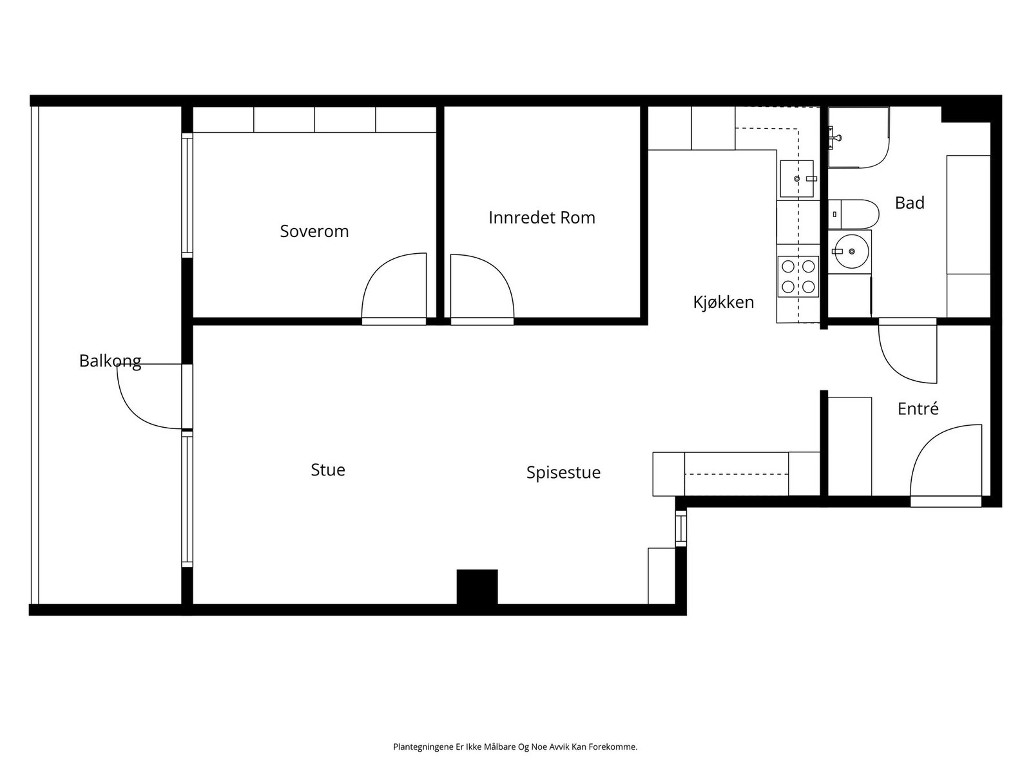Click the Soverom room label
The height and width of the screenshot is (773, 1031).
pyautogui.click(x=314, y=231)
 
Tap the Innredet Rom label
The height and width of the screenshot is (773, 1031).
pyautogui.click(x=541, y=218)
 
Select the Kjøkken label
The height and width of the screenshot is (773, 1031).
pyautogui.click(x=723, y=302)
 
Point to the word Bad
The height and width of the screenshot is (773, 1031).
pyautogui.click(x=909, y=203)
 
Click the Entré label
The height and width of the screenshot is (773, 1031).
pyautogui.click(x=918, y=408)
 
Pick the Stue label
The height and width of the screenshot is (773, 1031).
pyautogui.click(x=327, y=470)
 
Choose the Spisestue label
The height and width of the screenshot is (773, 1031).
pyautogui.click(x=563, y=472)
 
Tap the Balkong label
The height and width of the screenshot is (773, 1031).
pyautogui.click(x=110, y=361)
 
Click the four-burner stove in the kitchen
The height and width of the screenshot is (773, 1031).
pyautogui.click(x=798, y=276)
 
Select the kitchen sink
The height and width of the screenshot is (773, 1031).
pyautogui.click(x=796, y=178)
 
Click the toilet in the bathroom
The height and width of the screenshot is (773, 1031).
pyautogui.click(x=854, y=214)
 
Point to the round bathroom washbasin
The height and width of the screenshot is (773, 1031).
pyautogui.click(x=851, y=251)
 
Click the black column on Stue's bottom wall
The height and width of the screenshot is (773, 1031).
pyautogui.click(x=477, y=587)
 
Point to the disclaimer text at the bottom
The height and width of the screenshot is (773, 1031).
pyautogui.click(x=515, y=747)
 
